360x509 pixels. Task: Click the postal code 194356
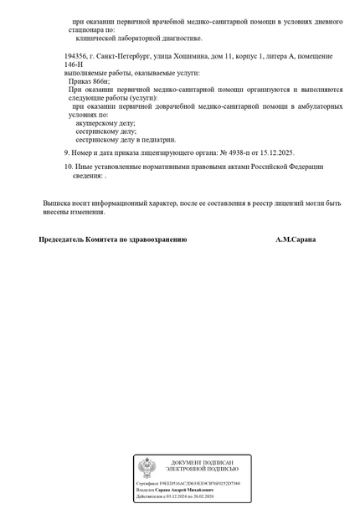(76, 55)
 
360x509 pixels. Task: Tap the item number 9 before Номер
(67, 152)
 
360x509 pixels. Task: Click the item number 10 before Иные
(68, 167)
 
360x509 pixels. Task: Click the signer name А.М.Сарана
(296, 239)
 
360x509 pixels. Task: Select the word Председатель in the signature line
(63, 239)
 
